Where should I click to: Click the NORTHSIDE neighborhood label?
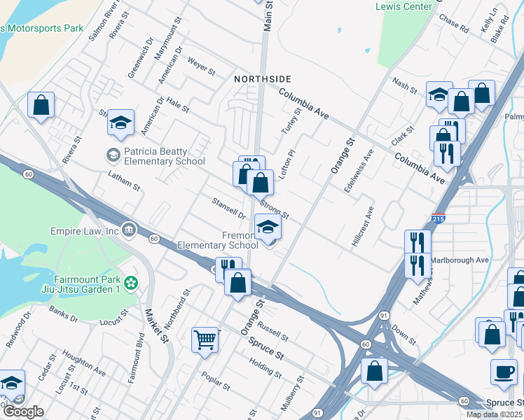[262, 80]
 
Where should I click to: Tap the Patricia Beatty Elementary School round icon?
[112, 153]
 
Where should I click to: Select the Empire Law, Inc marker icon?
[129, 229]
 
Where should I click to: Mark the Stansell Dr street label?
[228, 208]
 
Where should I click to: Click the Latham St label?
[124, 183]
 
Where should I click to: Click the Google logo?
[22, 411]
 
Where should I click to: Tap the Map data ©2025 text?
[494, 414]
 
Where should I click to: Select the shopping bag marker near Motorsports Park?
[41, 106]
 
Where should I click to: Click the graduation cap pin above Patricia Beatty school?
[120, 123]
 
